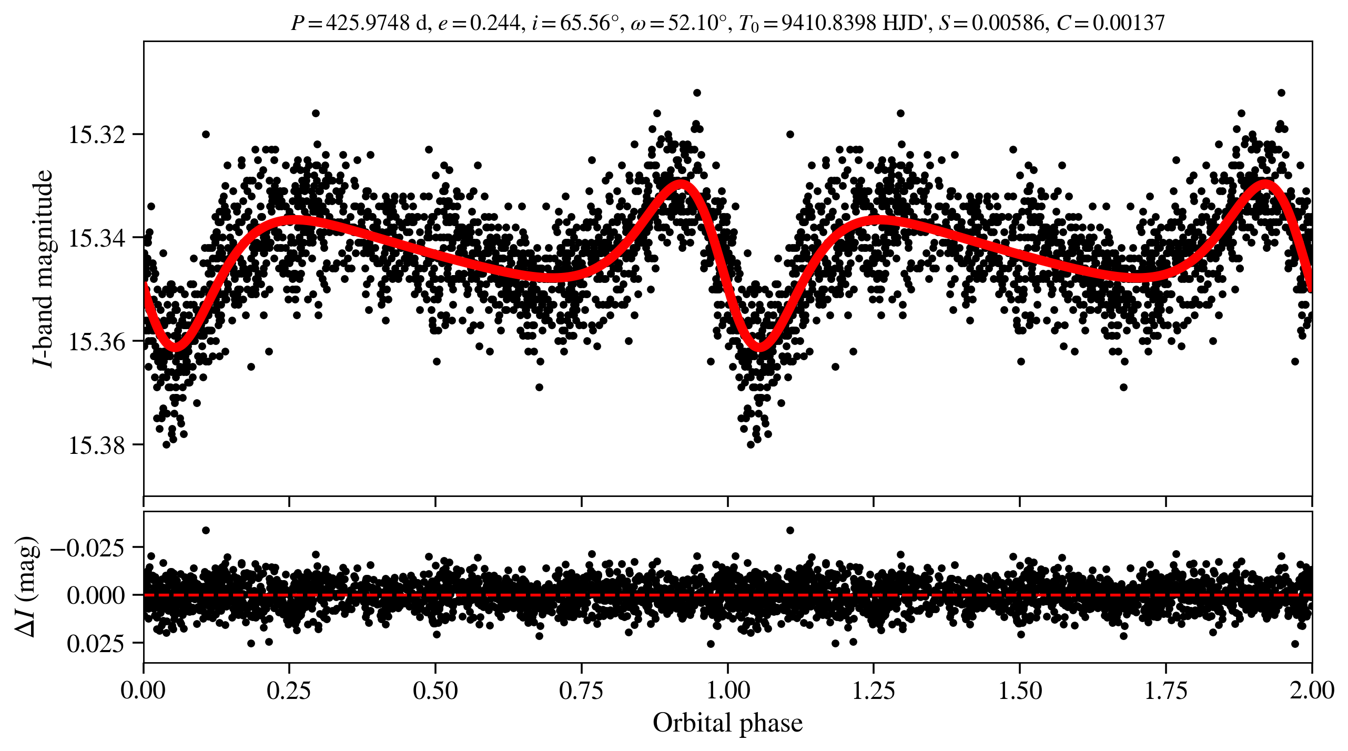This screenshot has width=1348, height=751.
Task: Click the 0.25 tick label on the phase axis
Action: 289,690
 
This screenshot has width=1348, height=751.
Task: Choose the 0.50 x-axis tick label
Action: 435,690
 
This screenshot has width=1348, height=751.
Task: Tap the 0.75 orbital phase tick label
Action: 581,690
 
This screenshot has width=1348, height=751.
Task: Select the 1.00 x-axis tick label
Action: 727,690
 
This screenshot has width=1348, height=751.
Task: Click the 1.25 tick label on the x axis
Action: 874,690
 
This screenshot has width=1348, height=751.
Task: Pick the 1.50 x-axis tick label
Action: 1020,690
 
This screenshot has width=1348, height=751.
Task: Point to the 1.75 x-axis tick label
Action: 1166,690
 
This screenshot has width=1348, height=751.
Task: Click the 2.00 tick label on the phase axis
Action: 1312,690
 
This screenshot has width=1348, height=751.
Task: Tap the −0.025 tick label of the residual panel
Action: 87,548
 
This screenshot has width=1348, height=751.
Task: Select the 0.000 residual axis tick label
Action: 96,595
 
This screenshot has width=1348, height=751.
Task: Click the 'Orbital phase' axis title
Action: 727,723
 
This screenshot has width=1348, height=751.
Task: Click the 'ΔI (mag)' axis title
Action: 26,587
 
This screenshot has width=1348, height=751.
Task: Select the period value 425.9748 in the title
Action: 368,23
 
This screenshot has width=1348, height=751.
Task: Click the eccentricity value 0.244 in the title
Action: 494,23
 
